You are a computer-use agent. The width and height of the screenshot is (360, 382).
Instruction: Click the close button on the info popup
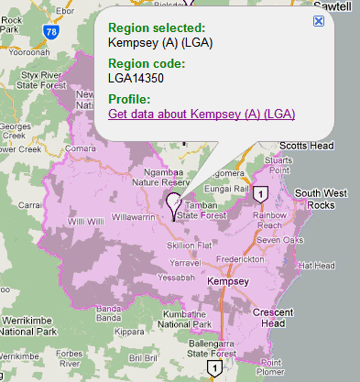click(318, 20)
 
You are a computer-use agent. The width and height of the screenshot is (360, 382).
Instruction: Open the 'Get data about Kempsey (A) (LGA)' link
click(201, 114)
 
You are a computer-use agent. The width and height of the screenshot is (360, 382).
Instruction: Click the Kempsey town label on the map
click(227, 281)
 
